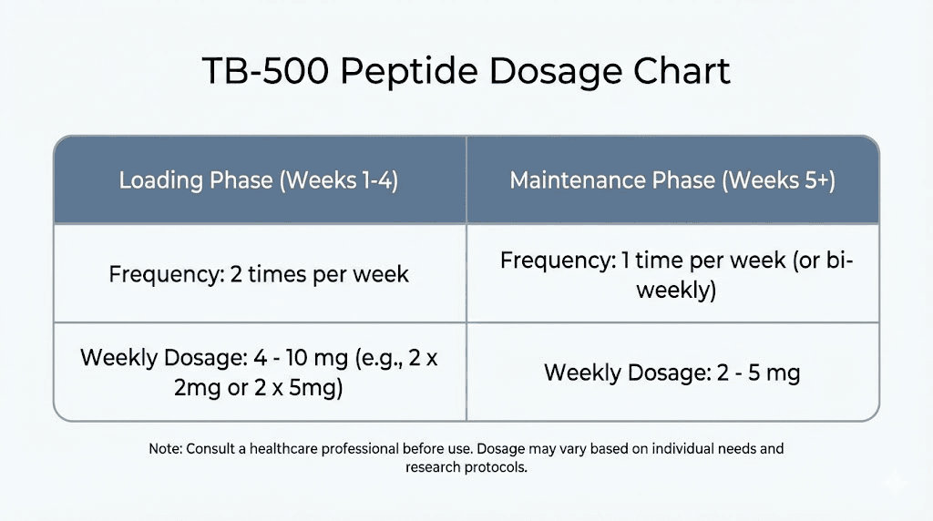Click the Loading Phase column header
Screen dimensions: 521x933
[x=259, y=179]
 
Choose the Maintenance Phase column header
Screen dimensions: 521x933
[x=672, y=179]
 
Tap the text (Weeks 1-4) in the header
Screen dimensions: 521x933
[x=339, y=179]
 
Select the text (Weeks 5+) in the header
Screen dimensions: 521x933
[x=779, y=179]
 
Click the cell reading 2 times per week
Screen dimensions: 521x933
[x=259, y=274]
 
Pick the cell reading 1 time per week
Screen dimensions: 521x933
[x=672, y=274]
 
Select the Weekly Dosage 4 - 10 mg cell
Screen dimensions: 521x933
[x=259, y=372]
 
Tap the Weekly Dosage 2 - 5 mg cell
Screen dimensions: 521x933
[x=672, y=373]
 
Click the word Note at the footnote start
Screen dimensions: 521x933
[x=165, y=449]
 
